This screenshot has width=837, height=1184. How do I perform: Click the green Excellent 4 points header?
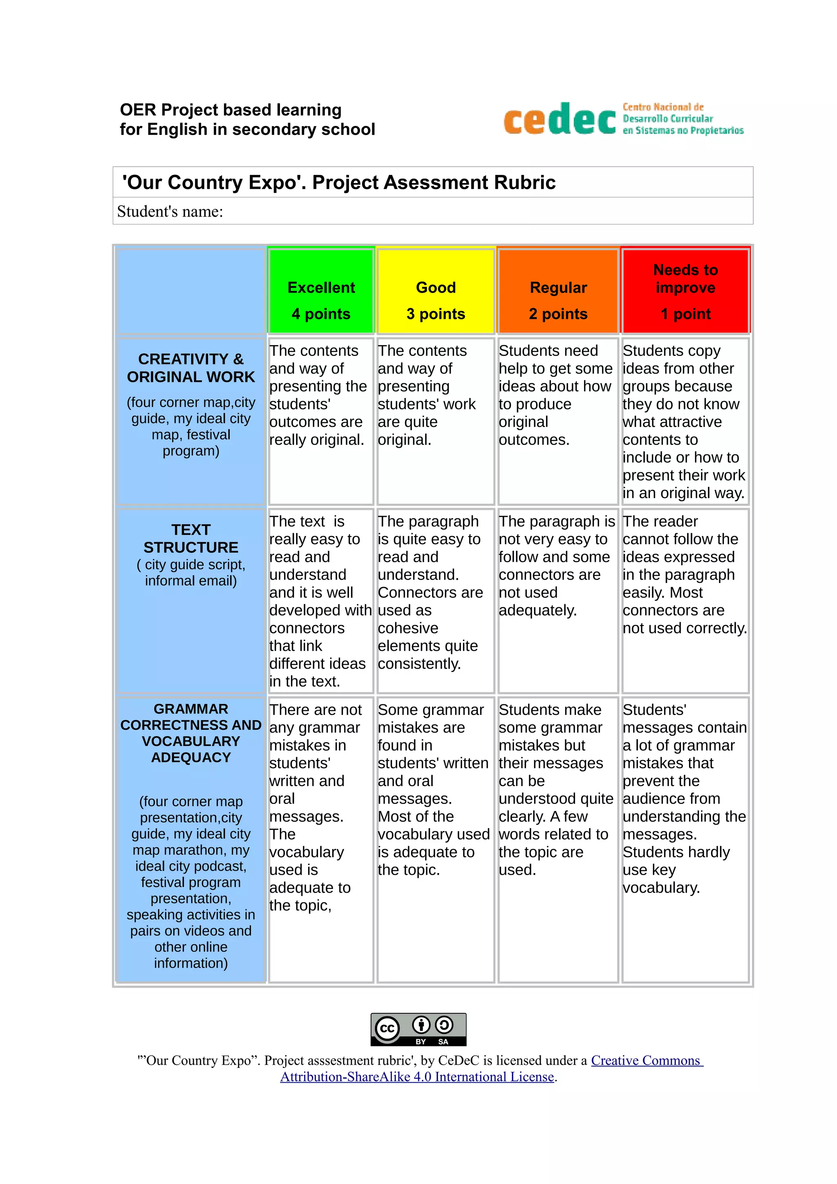click(x=321, y=292)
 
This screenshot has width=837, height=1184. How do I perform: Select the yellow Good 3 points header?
click(x=436, y=292)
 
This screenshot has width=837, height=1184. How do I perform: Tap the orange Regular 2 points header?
click(x=558, y=292)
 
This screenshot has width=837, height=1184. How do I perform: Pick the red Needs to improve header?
click(x=685, y=291)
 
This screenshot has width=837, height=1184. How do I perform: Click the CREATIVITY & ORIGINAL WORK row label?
click(x=191, y=368)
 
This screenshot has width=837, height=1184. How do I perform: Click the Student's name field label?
click(x=170, y=212)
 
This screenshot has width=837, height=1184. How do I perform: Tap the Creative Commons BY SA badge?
click(x=418, y=1029)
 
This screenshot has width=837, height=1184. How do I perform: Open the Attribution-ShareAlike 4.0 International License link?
click(x=417, y=1077)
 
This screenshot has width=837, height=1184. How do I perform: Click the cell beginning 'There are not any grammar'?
click(x=320, y=806)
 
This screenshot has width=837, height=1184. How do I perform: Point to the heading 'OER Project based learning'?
click(x=231, y=110)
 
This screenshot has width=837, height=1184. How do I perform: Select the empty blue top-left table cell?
click(x=191, y=292)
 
